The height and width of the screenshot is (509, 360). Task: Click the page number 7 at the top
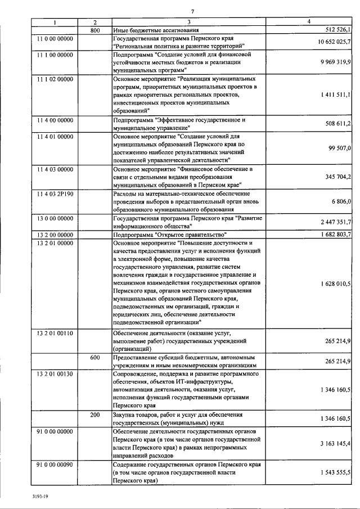192,11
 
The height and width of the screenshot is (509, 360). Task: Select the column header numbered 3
188,21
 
